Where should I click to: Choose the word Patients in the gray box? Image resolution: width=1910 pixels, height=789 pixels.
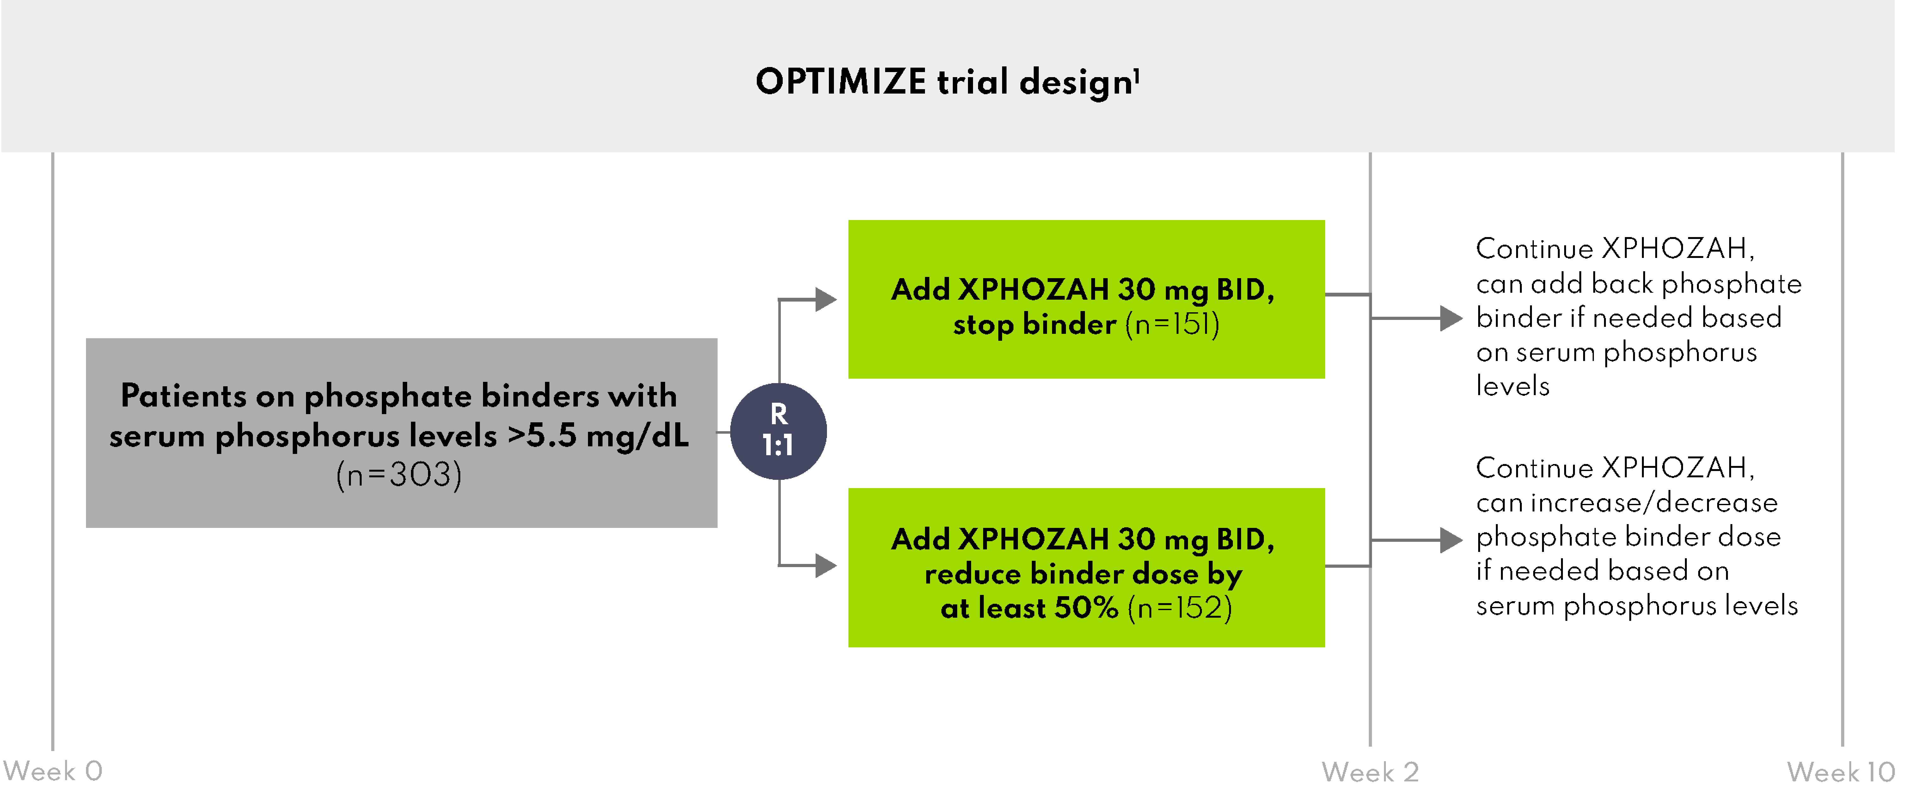pos(183,396)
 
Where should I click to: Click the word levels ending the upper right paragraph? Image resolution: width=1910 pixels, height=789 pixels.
pos(1513,386)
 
